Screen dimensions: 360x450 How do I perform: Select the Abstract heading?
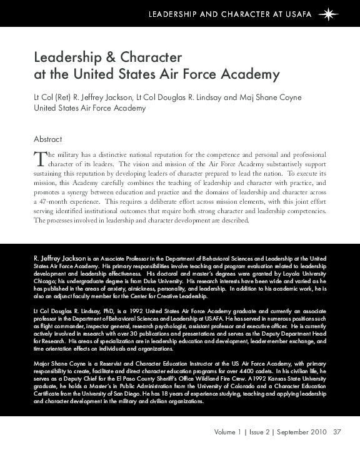[47, 139]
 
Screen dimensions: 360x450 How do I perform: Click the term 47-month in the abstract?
[52, 203]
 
